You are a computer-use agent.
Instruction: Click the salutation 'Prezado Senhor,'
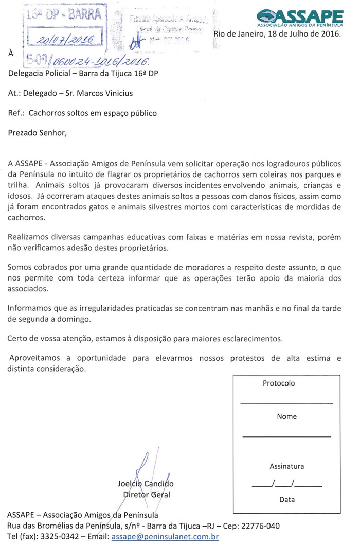(x=38, y=132)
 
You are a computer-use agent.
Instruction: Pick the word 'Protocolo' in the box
(x=279, y=383)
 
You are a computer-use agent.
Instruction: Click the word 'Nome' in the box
(x=286, y=416)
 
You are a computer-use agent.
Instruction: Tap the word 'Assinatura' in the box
(x=286, y=466)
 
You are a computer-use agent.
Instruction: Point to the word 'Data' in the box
(x=286, y=499)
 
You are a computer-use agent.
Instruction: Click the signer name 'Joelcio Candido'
(x=146, y=484)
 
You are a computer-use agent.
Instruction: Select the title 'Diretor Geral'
(x=146, y=495)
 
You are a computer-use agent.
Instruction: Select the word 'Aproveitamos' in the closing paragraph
(x=36, y=358)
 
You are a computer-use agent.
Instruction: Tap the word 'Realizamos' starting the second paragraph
(x=29, y=237)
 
